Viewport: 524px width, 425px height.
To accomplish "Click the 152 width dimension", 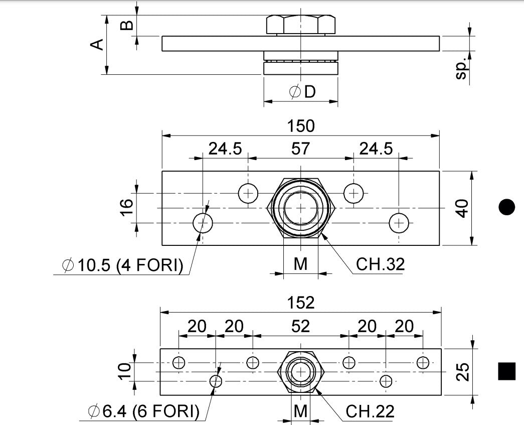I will pos(301,303).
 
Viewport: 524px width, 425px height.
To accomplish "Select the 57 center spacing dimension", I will pos(300,149).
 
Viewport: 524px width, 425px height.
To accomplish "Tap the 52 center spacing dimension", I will pos(300,327).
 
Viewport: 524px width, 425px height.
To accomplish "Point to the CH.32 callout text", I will pos(380,264).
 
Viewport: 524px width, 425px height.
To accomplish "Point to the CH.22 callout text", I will pos(370,412).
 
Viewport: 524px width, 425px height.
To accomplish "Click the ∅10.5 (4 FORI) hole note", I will pos(122,265).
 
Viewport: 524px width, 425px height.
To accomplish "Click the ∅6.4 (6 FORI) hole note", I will pos(143,412).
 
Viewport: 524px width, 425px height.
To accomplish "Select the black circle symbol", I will pos(507,207).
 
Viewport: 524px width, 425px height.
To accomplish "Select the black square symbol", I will pos(507,371).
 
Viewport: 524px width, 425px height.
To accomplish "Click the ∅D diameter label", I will pos(302,92).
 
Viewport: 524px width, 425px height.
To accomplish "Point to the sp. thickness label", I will pos(461,68).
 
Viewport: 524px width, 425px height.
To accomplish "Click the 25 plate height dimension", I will pos(464,372).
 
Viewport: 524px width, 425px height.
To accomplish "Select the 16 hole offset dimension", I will pos(126,207).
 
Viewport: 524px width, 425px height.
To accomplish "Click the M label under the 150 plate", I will pos(300,264).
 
